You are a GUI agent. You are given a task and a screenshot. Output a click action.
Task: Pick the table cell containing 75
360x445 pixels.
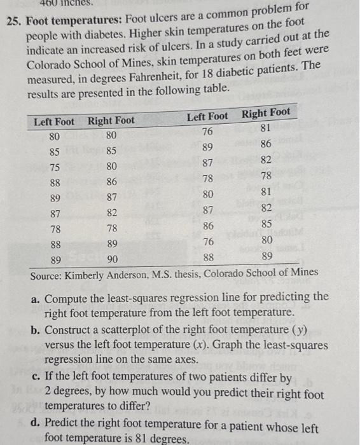tap(55, 167)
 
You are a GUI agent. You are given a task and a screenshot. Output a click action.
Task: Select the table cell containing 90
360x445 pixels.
tap(112, 259)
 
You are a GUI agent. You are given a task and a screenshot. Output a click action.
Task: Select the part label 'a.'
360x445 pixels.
tap(38, 297)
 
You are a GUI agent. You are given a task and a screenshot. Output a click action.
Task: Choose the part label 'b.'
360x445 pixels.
tap(38, 330)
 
